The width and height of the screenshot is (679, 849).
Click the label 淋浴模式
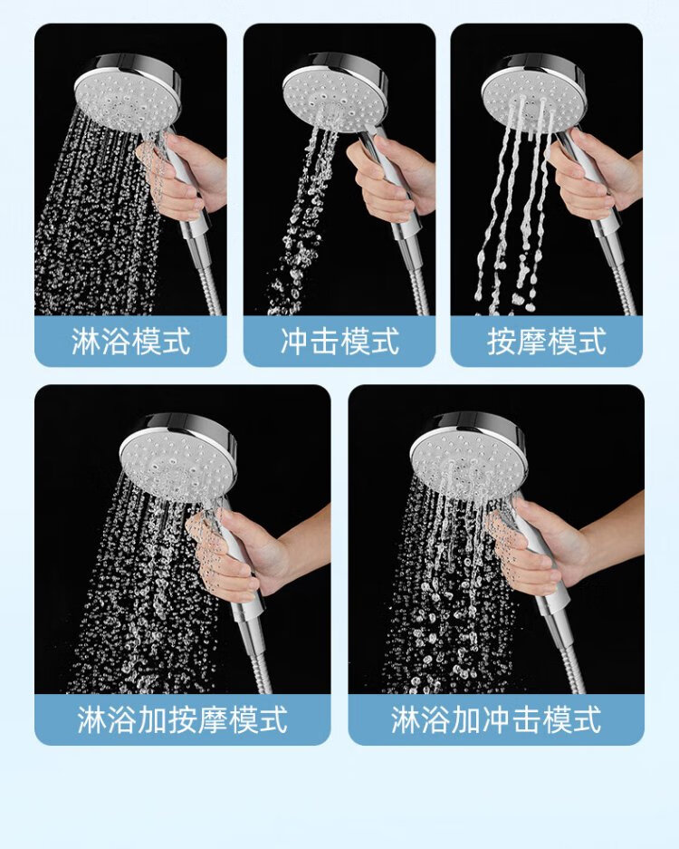click(130, 341)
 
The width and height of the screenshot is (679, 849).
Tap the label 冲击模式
click(339, 341)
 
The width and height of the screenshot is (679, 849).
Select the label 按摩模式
click(547, 341)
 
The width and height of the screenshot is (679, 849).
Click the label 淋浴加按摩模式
click(182, 719)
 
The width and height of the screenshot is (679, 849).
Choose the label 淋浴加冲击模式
click(496, 719)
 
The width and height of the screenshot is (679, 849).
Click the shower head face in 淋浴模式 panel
click(126, 98)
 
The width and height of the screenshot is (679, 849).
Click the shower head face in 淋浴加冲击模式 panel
click(466, 460)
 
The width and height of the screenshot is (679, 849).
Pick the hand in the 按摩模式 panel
click(595, 174)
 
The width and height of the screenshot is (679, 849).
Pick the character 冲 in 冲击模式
click(294, 341)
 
